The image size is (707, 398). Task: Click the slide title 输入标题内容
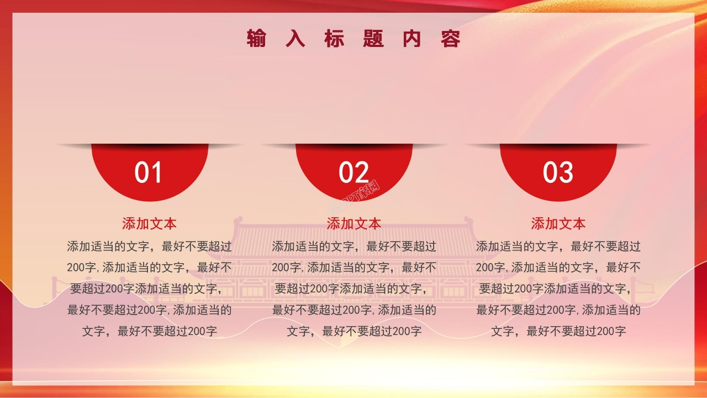(x=353, y=39)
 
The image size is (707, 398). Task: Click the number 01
(x=149, y=172)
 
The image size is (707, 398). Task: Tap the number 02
(x=353, y=172)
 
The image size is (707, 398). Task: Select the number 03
(x=558, y=172)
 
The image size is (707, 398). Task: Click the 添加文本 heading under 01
(x=149, y=224)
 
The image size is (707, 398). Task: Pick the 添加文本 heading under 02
(x=353, y=224)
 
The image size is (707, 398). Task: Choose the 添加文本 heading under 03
(x=558, y=224)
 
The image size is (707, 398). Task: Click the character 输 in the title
(x=256, y=39)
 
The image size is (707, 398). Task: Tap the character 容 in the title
(x=451, y=39)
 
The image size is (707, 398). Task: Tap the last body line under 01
(x=149, y=332)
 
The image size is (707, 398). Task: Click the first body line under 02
(x=353, y=247)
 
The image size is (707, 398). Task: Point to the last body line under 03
(x=558, y=332)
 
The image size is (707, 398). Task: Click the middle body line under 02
(x=353, y=289)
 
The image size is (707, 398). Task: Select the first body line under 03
(x=558, y=247)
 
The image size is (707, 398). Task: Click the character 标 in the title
(x=334, y=39)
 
